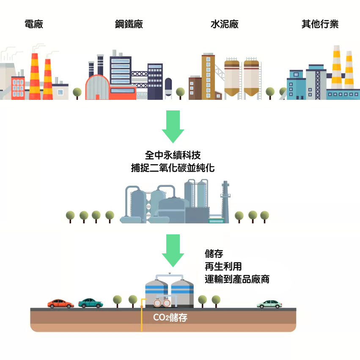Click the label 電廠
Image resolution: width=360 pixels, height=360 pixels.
tap(34, 24)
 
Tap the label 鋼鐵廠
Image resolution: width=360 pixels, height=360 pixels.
tap(129, 24)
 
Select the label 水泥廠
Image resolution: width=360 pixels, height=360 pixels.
tap(225, 24)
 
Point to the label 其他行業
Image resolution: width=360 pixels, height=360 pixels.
tap(320, 24)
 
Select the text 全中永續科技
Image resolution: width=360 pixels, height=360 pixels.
tap(173, 155)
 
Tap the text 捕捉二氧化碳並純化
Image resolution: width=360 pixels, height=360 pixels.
tap(173, 168)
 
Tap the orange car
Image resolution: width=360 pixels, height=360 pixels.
tap(61, 303)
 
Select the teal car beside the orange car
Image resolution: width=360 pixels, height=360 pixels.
tap(91, 303)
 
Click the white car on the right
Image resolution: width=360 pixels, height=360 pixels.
tap(269, 304)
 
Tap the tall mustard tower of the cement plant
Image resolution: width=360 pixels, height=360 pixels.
tap(208, 76)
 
